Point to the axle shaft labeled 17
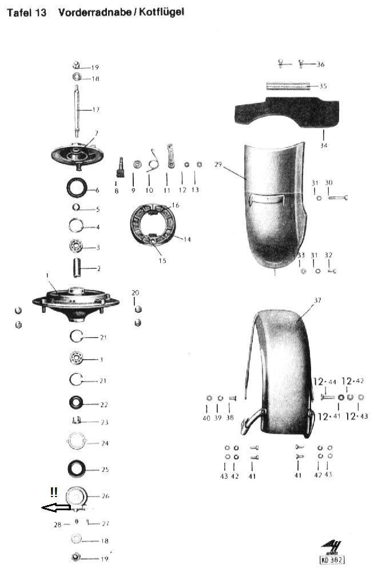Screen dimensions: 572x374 77,109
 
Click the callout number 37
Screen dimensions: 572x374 318,300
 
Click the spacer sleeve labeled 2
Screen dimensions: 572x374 77,267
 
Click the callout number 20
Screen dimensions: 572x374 135,292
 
